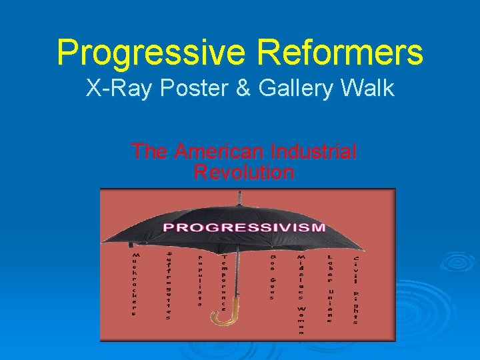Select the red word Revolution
243,173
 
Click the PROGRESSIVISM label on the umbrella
245,227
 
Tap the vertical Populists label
199,280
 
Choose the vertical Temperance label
225,282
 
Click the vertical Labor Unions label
329,288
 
